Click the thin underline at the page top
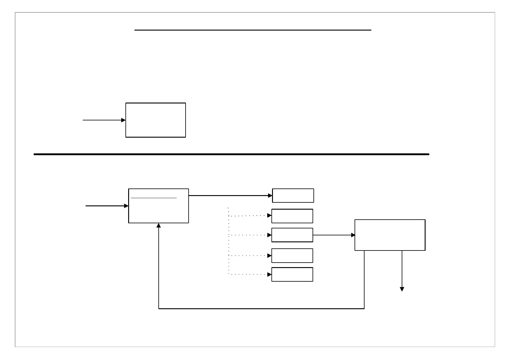pos(253,30)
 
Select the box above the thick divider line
pos(155,120)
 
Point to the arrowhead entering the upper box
pos(123,120)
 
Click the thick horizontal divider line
pos(231,154)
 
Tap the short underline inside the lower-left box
pos(154,198)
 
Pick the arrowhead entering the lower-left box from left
pos(126,206)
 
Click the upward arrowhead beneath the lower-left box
pos(158,225)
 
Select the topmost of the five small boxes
pos(293,195)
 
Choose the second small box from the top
pos(292,216)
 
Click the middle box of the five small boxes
pos(292,235)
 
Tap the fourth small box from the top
pos(292,256)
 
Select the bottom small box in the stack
pos(292,274)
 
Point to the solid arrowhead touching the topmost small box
pos(270,196)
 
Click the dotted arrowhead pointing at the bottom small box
pos(269,274)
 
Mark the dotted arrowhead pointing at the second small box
pos(269,216)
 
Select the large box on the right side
pos(390,235)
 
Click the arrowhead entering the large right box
pos(353,235)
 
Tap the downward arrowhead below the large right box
pos(402,289)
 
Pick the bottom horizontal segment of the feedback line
pos(261,309)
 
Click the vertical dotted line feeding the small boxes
pos(229,242)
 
